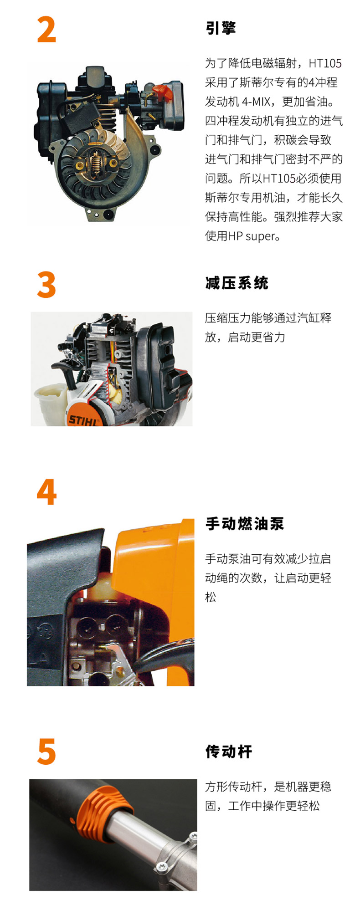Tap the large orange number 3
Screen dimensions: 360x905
46,285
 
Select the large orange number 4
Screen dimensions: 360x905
46,492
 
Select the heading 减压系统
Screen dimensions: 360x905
237,283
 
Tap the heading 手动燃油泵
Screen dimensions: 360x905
244,523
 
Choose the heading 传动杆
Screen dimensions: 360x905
229,751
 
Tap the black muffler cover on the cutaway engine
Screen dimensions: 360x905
159,360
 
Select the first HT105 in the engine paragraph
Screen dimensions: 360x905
325,63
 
